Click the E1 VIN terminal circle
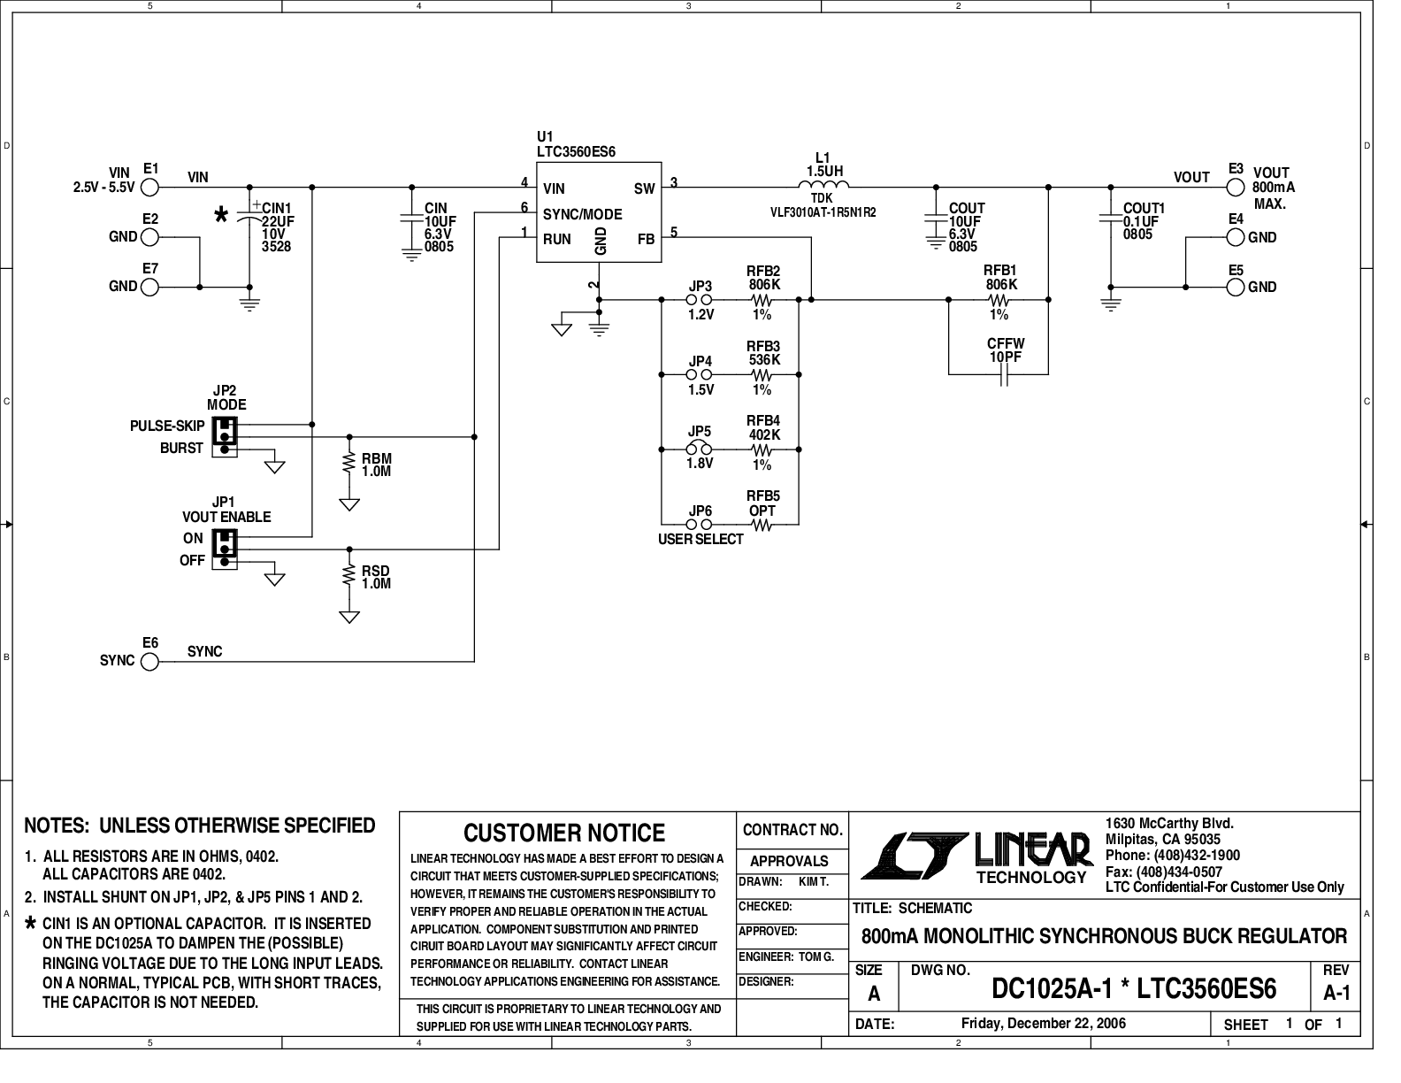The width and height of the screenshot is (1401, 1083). pyautogui.click(x=150, y=188)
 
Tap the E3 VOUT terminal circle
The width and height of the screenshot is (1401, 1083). pyautogui.click(x=1236, y=188)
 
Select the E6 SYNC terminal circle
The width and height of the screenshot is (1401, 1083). pyautogui.click(x=150, y=661)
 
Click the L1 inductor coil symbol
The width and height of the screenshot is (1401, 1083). pyautogui.click(x=823, y=186)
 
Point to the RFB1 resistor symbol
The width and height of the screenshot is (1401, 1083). pyautogui.click(x=999, y=300)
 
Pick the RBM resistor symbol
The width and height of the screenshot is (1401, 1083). pyautogui.click(x=350, y=464)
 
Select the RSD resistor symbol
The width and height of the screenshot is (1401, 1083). pyautogui.click(x=350, y=576)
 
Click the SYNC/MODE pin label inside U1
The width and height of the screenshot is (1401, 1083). pyautogui.click(x=582, y=214)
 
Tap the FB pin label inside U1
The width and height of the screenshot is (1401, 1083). pyautogui.click(x=646, y=239)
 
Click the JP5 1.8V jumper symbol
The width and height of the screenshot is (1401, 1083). pyautogui.click(x=700, y=449)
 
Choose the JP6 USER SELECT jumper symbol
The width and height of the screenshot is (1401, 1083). pyautogui.click(x=700, y=525)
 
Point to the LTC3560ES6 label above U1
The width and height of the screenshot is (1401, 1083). pyautogui.click(x=576, y=152)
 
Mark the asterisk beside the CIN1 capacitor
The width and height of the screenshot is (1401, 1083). pyautogui.click(x=221, y=215)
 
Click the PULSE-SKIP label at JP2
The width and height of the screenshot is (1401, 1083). pyautogui.click(x=167, y=426)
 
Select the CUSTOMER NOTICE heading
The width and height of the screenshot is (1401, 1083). pyautogui.click(x=564, y=833)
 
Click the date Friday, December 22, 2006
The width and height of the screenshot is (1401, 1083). pyautogui.click(x=1044, y=1024)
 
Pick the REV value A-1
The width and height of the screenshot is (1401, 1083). pyautogui.click(x=1336, y=993)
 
